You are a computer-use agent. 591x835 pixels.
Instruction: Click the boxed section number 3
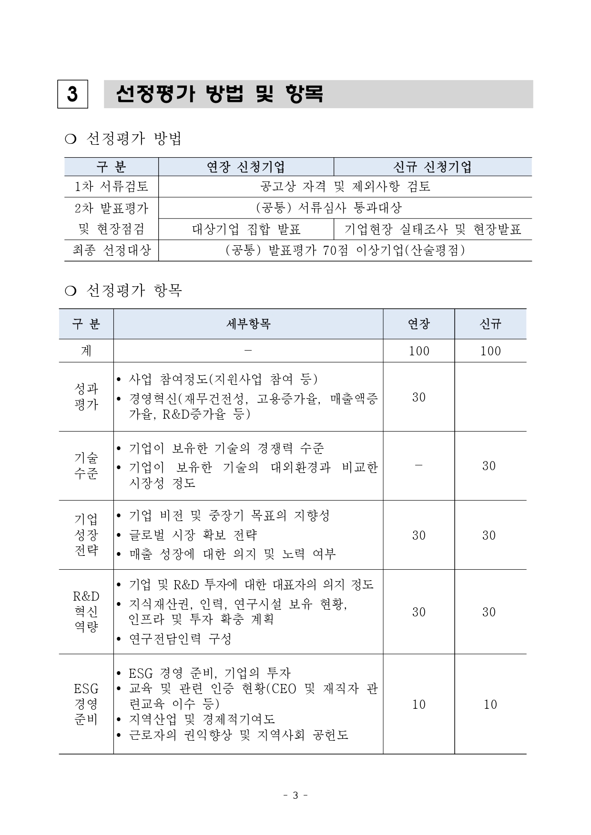[72, 94]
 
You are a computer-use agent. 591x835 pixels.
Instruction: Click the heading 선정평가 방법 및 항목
[220, 94]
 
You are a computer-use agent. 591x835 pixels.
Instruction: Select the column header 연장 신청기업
[246, 167]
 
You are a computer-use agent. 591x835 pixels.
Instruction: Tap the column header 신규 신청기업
[432, 167]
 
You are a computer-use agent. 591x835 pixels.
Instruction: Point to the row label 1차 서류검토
[112, 186]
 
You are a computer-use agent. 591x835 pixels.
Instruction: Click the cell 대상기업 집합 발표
[246, 230]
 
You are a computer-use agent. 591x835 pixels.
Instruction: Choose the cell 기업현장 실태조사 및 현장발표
[432, 230]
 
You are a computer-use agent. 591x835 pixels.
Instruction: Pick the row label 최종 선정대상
[112, 251]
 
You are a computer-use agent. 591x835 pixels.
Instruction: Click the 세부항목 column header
[248, 324]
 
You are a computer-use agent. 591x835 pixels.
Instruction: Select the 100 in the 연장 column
[419, 351]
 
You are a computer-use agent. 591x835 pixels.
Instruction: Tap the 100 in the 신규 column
[490, 351]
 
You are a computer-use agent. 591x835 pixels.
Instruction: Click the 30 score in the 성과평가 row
[419, 397]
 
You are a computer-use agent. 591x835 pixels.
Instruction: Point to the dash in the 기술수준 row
[418, 465]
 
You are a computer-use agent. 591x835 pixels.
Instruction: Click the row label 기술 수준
[86, 466]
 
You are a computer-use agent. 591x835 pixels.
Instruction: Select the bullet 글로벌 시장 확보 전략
[193, 535]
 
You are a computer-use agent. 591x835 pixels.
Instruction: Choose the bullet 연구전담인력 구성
[180, 639]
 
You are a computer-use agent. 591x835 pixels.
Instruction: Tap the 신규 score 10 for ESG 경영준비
[490, 704]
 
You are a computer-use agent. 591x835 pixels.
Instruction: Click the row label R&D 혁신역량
[86, 612]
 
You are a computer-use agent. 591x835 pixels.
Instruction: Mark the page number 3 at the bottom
[295, 795]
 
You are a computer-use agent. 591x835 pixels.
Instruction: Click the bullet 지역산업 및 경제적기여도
[202, 719]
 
